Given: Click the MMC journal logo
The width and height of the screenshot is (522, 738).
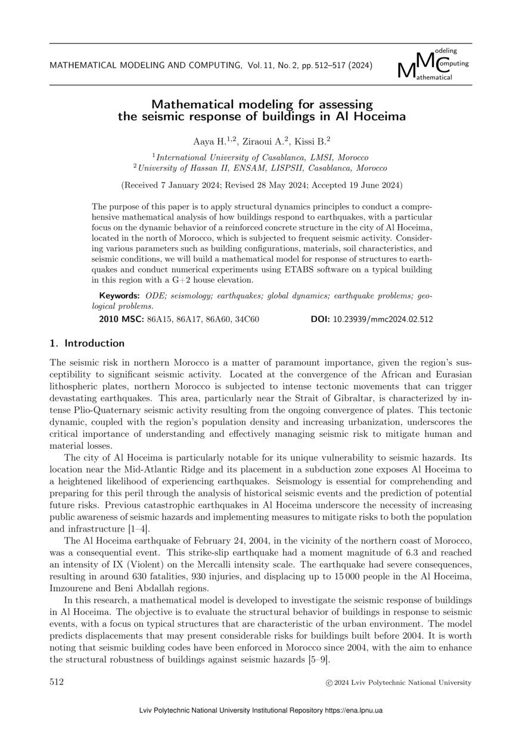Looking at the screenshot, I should pos(433,65).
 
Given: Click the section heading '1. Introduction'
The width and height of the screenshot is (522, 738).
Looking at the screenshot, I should pos(87,343).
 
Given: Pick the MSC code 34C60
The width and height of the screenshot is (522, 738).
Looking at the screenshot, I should pos(247,320).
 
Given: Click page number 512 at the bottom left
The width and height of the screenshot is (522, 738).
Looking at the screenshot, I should pos(57,682).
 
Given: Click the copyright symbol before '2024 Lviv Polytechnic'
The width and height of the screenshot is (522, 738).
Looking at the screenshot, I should pos(324,683).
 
